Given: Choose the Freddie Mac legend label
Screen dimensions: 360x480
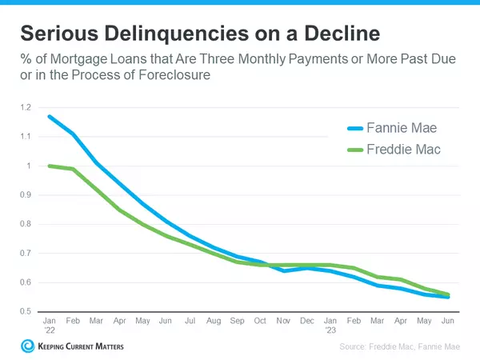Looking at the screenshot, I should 404,149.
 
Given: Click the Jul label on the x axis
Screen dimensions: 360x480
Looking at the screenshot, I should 190,320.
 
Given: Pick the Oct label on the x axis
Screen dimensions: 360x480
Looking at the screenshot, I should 260,320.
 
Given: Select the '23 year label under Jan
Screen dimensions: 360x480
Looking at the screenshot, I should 330,328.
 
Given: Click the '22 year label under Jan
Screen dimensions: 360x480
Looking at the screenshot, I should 50,328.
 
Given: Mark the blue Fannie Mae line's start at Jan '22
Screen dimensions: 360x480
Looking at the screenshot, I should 50,117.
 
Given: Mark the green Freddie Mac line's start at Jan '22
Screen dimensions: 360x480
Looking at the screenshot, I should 50,166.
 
